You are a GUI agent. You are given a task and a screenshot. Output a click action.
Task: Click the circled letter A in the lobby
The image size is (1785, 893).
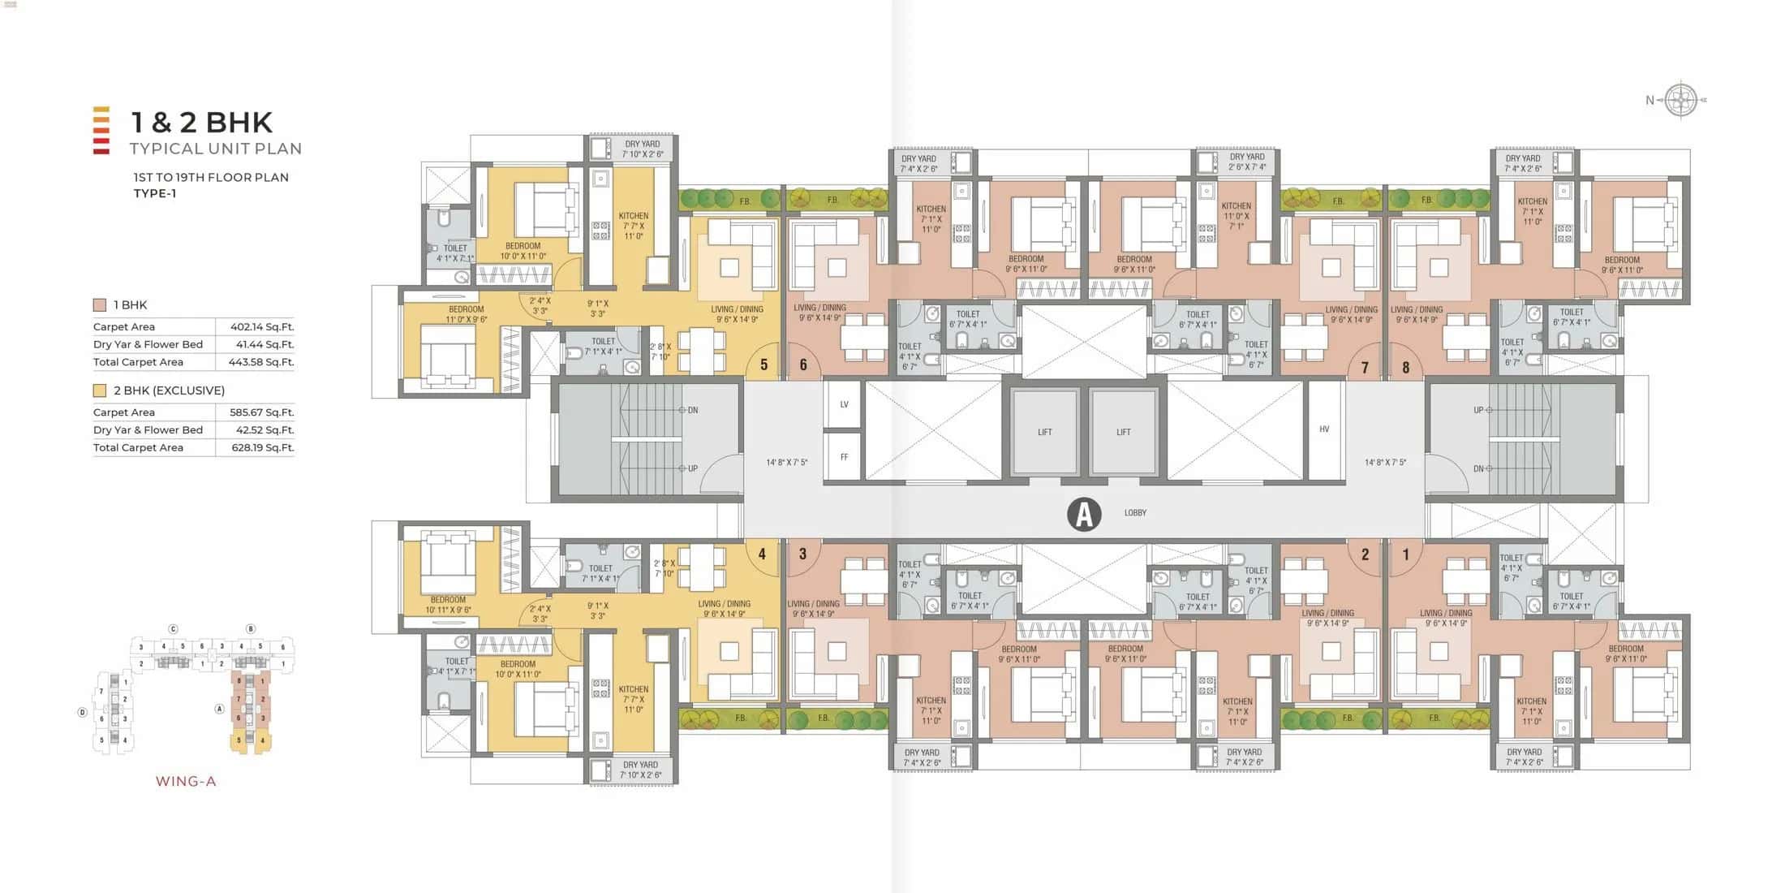tap(1084, 514)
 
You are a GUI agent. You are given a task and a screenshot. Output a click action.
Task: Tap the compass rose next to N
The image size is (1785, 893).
tap(1680, 100)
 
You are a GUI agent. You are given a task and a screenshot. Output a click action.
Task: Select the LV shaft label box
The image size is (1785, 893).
tap(844, 404)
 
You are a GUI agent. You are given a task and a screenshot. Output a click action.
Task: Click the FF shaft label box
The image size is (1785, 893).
tap(844, 457)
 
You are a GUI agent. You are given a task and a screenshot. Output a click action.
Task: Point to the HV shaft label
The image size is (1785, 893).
tap(1324, 429)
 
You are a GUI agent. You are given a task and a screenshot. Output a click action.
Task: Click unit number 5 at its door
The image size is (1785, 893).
tap(763, 365)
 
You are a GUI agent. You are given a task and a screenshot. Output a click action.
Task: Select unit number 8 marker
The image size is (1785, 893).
tap(1406, 368)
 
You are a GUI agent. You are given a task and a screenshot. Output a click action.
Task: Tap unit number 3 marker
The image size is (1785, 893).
tap(802, 554)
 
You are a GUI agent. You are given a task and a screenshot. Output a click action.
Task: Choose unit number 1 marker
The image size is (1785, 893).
tap(1406, 554)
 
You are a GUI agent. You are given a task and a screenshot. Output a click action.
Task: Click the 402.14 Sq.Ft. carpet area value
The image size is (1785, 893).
tap(261, 327)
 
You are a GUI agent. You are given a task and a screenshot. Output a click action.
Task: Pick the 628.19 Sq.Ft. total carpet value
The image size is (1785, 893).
tap(262, 447)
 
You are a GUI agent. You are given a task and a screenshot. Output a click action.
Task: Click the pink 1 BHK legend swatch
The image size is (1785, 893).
tap(100, 305)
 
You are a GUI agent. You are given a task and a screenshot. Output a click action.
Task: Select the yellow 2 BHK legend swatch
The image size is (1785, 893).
tap(100, 390)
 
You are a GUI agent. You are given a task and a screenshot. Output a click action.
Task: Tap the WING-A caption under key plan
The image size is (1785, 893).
tap(186, 782)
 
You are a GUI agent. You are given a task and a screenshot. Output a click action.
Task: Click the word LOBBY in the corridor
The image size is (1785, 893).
tap(1135, 513)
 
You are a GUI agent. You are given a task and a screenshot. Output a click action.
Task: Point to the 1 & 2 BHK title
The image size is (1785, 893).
tap(202, 123)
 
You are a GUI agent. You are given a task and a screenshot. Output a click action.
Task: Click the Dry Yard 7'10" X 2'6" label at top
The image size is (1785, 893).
tap(643, 149)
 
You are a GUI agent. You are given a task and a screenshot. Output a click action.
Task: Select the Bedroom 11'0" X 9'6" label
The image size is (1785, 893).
tap(466, 314)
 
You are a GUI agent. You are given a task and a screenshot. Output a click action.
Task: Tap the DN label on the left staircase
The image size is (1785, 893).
tap(693, 411)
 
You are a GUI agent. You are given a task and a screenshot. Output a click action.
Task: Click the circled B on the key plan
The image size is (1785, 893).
tap(251, 629)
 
